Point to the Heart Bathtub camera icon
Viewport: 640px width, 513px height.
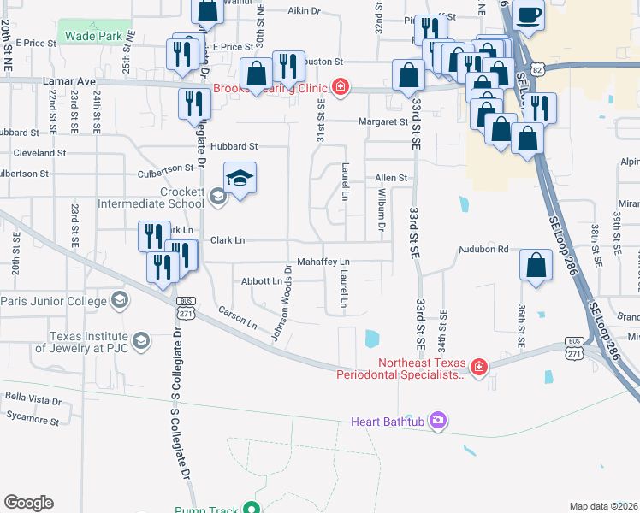point(439,421)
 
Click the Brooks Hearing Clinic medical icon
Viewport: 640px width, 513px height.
point(341,87)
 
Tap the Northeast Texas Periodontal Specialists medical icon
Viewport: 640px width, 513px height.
point(478,368)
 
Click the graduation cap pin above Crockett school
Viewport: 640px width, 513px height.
point(240,178)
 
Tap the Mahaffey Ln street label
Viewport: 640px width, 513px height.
point(323,261)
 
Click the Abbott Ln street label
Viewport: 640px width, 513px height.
point(262,280)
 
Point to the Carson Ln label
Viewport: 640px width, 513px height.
point(237,319)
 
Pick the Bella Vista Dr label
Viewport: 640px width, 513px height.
point(33,399)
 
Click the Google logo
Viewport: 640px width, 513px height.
point(28,502)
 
